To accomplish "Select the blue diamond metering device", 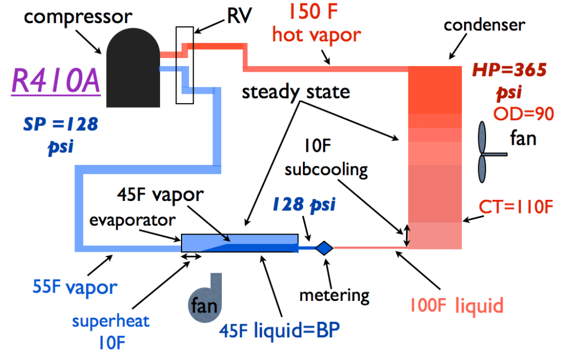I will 324,248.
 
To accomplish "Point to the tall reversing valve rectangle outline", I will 184,65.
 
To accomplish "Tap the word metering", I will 334,295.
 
